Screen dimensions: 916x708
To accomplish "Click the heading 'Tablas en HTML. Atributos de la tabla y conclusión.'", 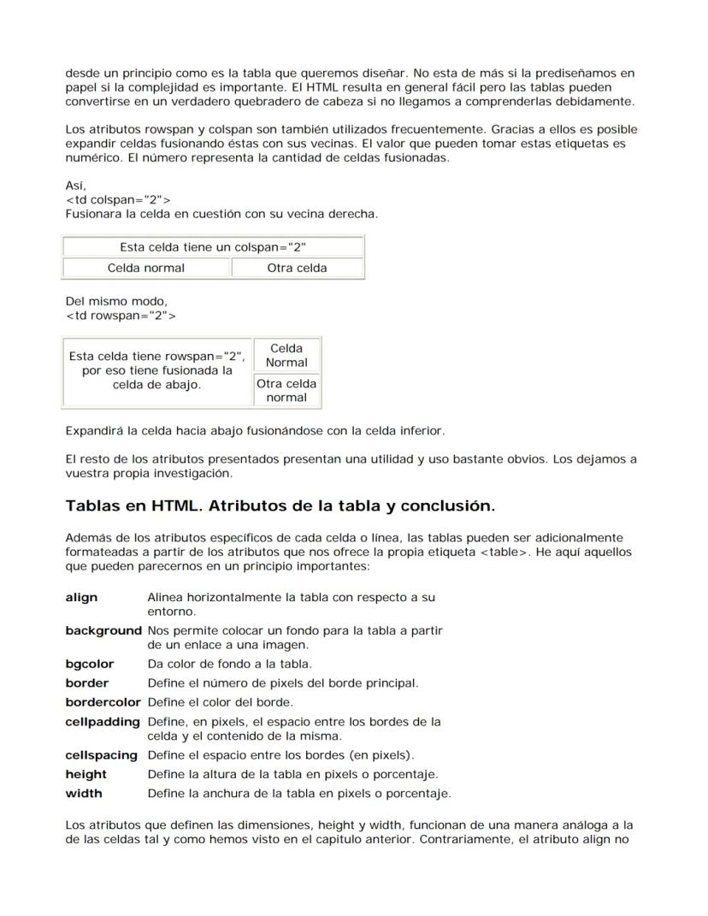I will tap(280, 505).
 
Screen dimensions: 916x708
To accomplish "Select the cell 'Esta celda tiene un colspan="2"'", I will tap(213, 247).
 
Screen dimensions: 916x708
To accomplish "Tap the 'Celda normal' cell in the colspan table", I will tap(146, 268).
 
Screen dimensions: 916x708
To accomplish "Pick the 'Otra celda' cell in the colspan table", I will tap(297, 268).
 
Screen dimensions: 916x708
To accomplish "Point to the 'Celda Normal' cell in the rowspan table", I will tap(286, 355).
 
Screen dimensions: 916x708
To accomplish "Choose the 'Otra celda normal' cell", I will tap(286, 390).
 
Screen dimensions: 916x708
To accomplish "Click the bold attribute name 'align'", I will tap(81, 597).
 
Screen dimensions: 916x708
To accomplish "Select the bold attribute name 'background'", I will tap(103, 630).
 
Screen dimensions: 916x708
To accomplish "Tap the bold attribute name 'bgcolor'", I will tap(89, 664).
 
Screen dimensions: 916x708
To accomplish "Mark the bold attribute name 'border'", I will tap(86, 683).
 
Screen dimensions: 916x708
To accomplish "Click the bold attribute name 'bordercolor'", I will tap(103, 702).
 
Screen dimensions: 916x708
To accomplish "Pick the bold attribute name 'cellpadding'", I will tap(103, 722).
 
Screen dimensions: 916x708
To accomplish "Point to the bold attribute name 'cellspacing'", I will tap(101, 755).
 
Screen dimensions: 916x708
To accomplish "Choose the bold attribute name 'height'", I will tap(86, 774).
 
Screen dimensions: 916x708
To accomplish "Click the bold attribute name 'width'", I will tap(83, 793).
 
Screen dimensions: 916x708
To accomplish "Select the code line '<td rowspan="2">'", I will tap(121, 316).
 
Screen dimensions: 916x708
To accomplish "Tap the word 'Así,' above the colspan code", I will tap(75, 185).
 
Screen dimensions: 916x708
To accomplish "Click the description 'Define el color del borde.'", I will tap(220, 702).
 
